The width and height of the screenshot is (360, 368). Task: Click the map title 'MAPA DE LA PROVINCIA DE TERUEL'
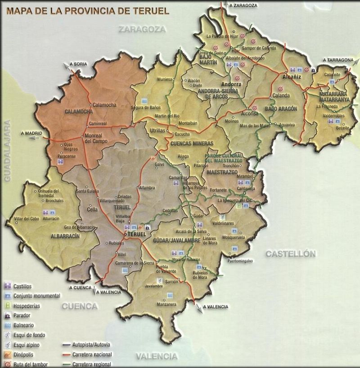(87, 10)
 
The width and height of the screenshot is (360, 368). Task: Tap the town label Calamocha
(104, 105)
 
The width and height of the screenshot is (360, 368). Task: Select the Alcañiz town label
(291, 77)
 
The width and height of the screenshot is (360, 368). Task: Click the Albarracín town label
(51, 218)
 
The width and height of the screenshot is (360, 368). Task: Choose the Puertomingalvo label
(240, 261)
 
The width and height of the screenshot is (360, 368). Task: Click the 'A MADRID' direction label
(31, 134)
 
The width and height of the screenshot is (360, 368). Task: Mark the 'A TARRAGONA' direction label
(337, 60)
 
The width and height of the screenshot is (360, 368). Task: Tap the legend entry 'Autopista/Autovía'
(91, 345)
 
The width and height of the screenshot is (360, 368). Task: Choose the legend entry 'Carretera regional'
(92, 364)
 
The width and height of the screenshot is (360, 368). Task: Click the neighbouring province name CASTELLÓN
(290, 254)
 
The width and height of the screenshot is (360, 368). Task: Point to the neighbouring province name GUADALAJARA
(8, 151)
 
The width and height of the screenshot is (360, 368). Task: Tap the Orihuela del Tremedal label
(49, 193)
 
